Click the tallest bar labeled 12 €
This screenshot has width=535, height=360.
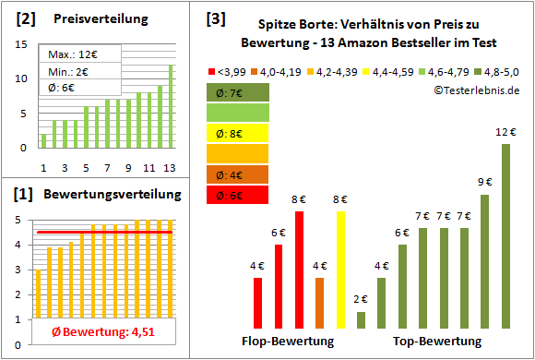click(505, 236)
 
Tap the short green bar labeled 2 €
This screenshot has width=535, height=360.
click(361, 319)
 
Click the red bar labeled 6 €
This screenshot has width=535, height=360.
click(279, 286)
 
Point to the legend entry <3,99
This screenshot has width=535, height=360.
click(232, 71)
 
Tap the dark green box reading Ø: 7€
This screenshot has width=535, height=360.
click(238, 92)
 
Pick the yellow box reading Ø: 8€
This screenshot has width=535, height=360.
click(238, 133)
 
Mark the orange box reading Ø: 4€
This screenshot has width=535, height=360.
click(238, 174)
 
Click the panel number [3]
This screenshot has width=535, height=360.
click(216, 19)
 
